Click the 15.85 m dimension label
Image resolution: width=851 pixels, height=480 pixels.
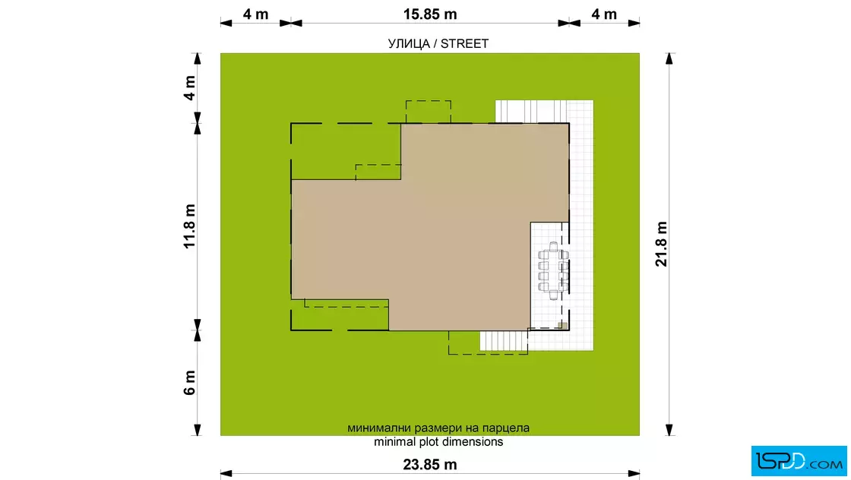coord(430,14)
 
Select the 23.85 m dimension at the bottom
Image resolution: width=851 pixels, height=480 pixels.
coord(430,465)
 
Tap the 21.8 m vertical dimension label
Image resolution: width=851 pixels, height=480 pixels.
coord(661,244)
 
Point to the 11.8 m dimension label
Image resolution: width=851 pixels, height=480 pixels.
coord(189,227)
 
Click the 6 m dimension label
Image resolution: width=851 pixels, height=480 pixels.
coord(189,383)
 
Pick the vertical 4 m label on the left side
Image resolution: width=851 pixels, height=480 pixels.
coord(189,88)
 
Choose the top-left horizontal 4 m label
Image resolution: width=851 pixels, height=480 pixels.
coord(255,14)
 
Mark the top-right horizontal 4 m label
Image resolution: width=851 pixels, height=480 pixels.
coord(604,14)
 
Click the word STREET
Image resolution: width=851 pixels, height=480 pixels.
coord(464,44)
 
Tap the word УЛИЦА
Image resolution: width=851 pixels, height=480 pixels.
coord(409,44)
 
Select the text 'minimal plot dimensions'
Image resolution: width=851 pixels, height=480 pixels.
coord(438,442)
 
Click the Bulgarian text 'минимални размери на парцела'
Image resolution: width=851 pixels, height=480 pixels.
coord(438,428)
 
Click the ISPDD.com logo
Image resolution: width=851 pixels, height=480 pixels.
coord(799,461)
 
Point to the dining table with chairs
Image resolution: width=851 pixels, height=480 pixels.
coord(553,270)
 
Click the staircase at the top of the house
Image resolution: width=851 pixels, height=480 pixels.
coord(531,112)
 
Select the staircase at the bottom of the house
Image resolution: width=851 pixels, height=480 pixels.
coord(504,341)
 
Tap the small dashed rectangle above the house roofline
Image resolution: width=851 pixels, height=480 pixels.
coord(429,112)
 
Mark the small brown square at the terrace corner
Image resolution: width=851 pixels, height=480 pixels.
coord(563,326)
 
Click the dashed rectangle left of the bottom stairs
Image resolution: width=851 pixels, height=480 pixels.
coord(464,343)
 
